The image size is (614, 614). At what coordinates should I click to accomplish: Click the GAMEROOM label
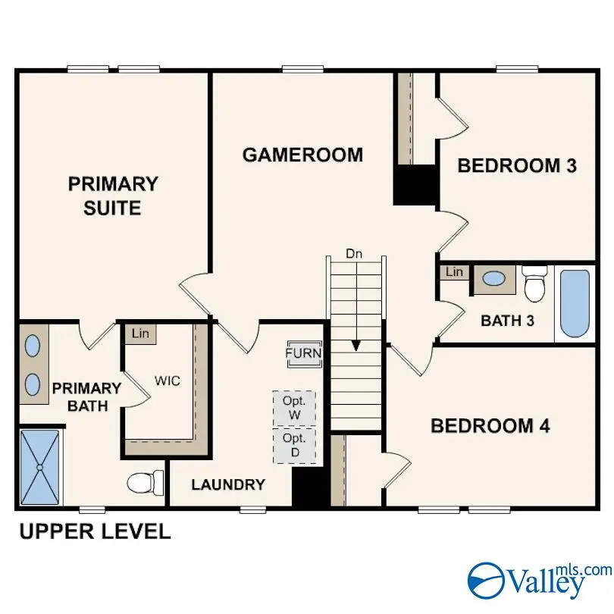(x=302, y=155)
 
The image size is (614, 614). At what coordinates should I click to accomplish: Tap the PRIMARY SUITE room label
(x=113, y=195)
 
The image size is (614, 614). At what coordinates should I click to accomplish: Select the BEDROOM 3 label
(x=517, y=165)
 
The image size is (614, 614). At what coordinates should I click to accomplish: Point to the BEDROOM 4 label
(x=490, y=426)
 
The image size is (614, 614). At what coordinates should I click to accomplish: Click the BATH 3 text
(x=507, y=321)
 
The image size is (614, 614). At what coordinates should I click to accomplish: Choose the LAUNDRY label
(x=227, y=484)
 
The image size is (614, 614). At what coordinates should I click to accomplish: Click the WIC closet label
(x=168, y=381)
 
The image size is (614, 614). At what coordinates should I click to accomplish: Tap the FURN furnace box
(x=303, y=353)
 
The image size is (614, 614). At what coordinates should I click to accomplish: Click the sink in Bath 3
(x=494, y=279)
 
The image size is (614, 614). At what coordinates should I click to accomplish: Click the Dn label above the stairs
(x=354, y=254)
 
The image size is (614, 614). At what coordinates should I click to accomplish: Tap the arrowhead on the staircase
(x=355, y=345)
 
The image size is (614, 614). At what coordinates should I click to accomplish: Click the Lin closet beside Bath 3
(x=454, y=272)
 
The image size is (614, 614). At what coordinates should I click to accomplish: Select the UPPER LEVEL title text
(x=95, y=531)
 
